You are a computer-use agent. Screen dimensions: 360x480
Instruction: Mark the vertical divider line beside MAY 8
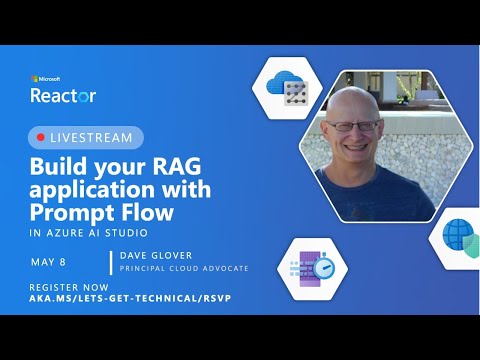pyautogui.click(x=110, y=263)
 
